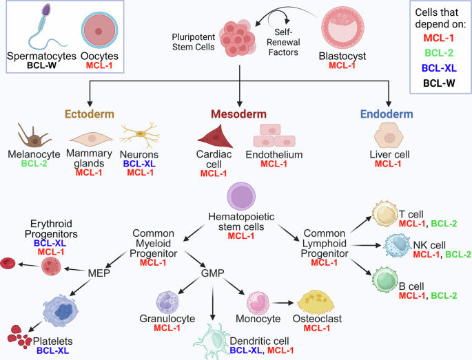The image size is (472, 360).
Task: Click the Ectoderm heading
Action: click(89, 113)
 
